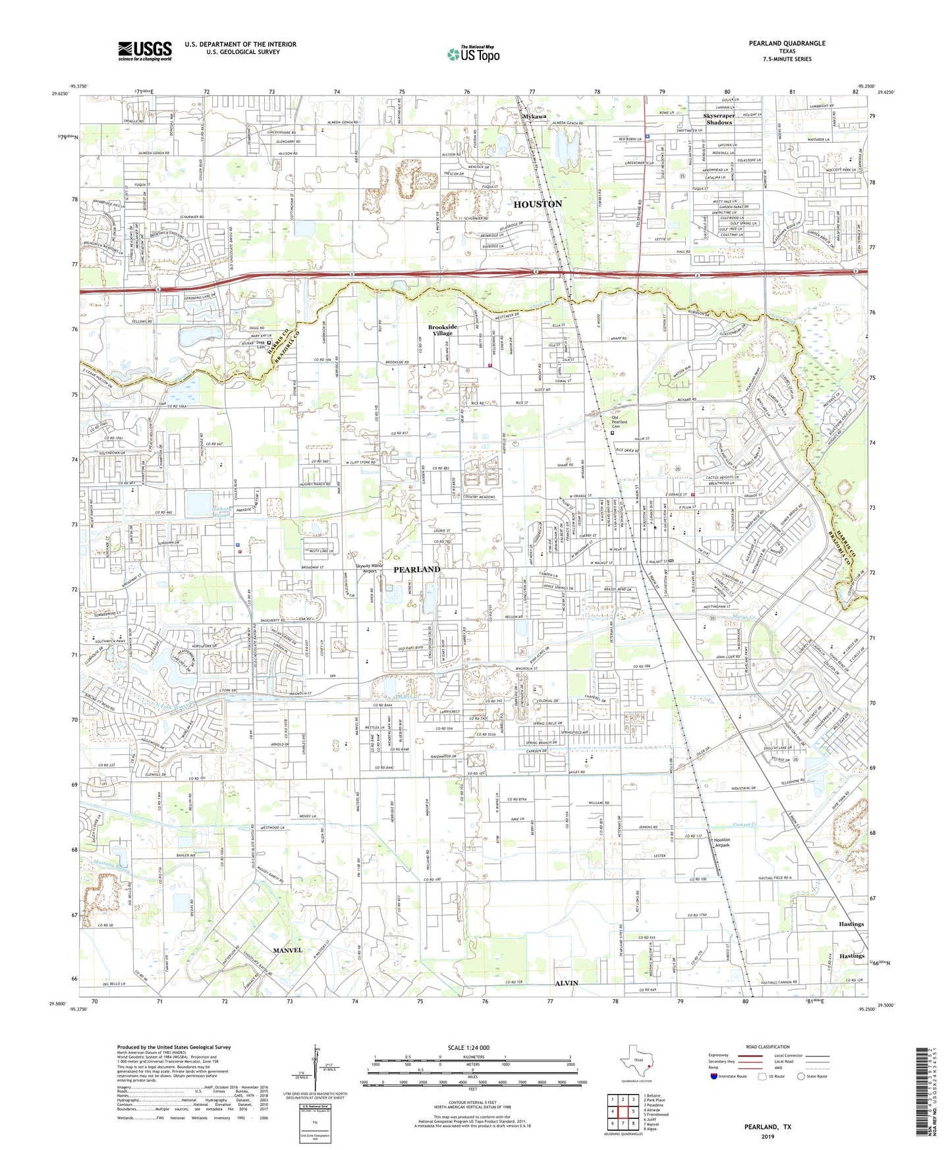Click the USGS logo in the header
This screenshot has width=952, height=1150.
point(145,51)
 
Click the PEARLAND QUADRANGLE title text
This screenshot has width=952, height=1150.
point(787,43)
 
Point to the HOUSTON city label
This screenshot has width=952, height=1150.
point(538,204)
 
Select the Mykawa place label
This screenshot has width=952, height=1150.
point(534,117)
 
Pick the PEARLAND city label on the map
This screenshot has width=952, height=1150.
point(417,569)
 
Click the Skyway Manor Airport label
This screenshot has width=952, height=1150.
point(370,568)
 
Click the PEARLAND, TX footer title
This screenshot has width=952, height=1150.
point(768,1127)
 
